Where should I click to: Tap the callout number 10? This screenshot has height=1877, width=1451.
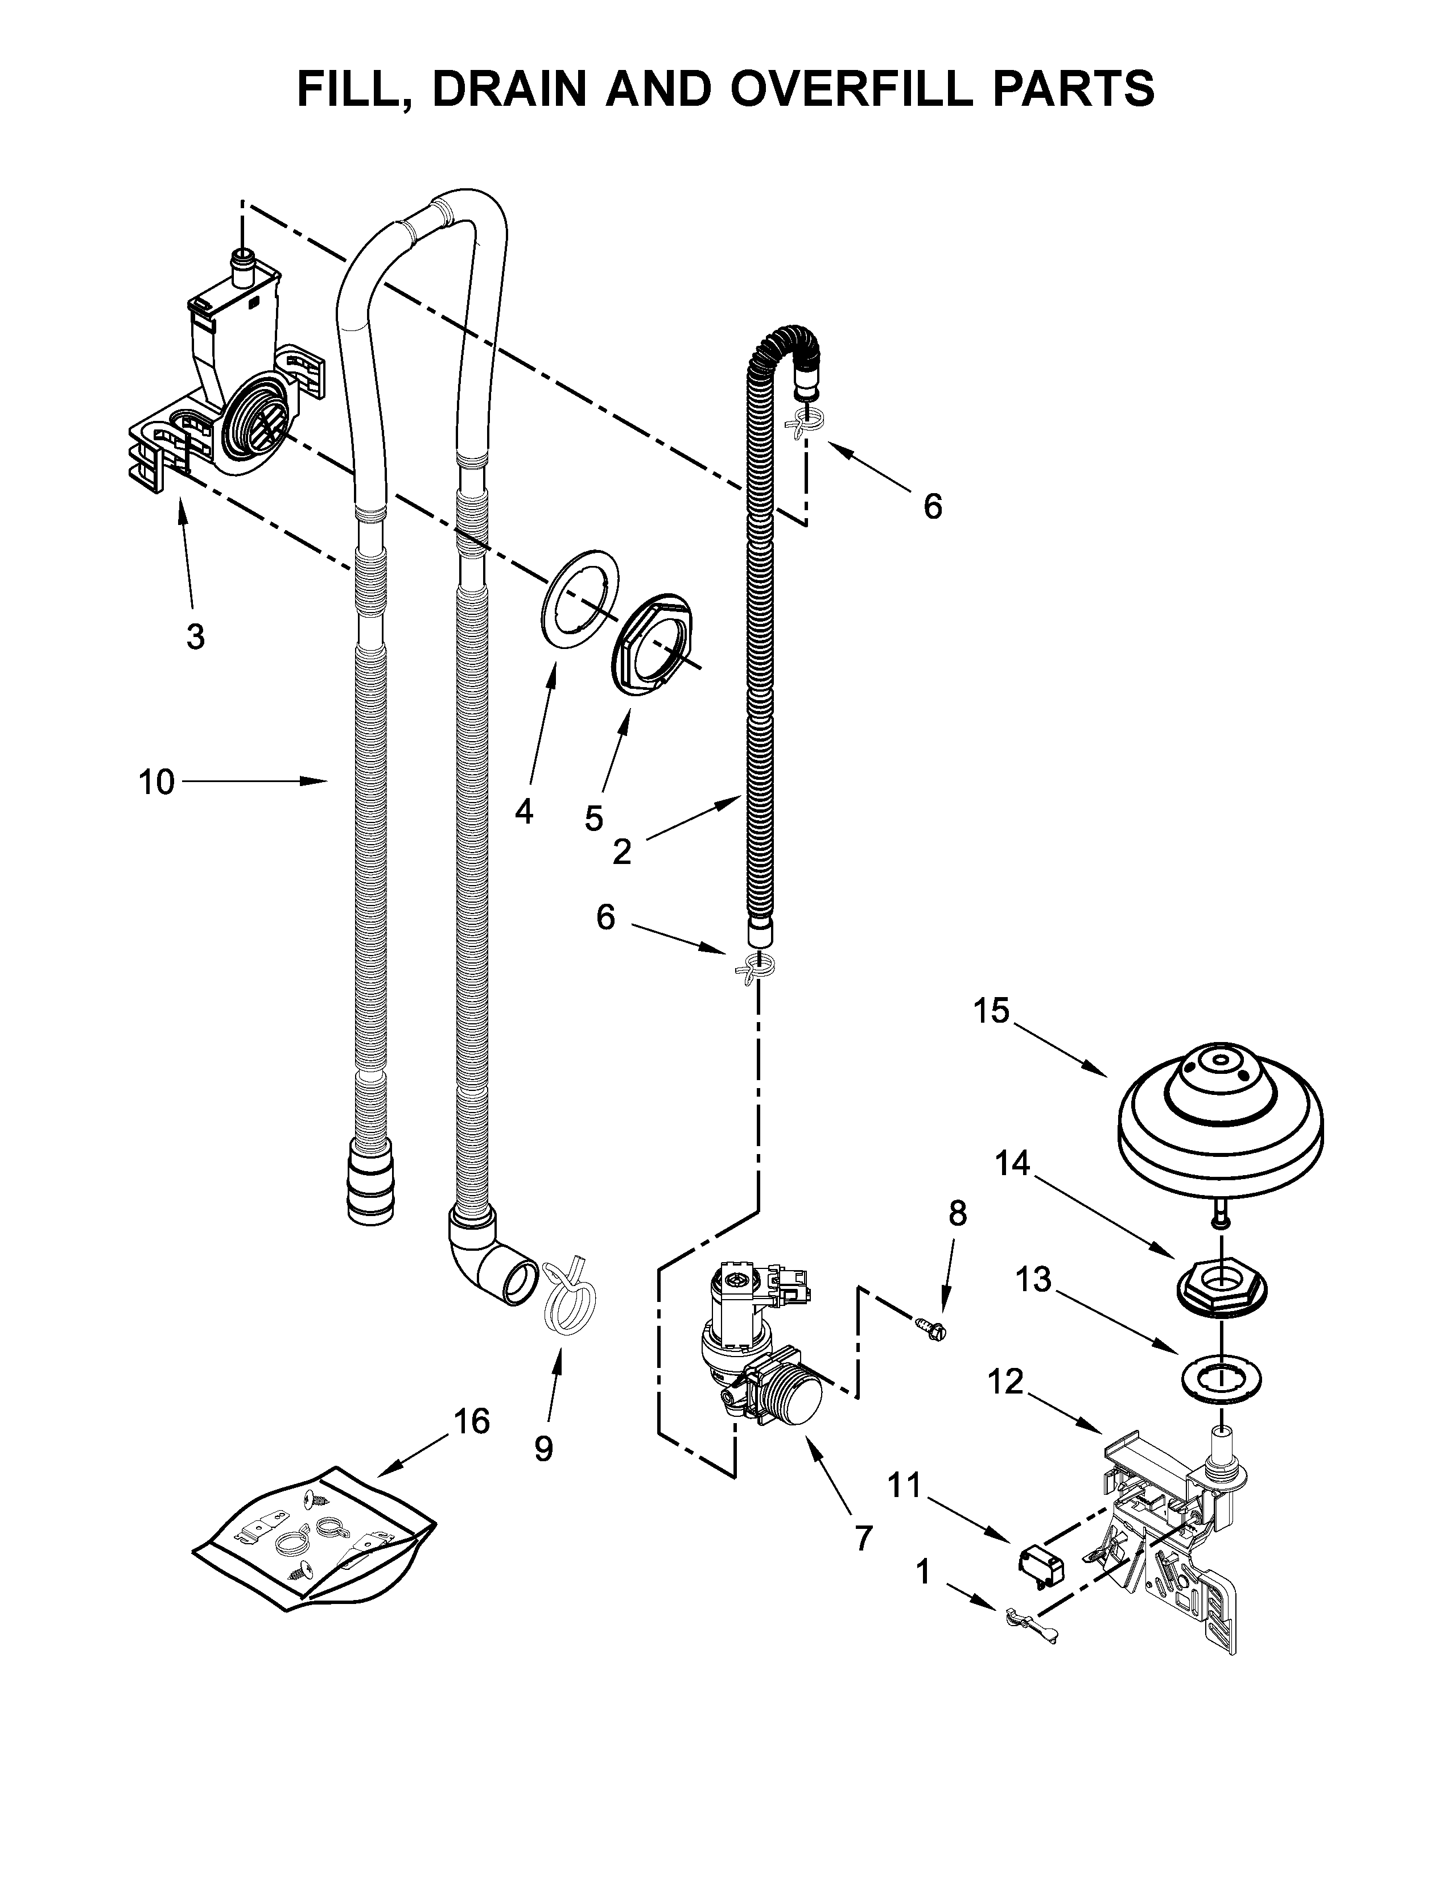coord(156,782)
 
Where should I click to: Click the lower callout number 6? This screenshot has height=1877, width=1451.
coord(606,918)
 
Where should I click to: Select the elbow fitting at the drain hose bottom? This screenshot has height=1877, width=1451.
coord(486,1263)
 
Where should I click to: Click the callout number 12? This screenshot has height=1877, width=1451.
coord(1005,1382)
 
